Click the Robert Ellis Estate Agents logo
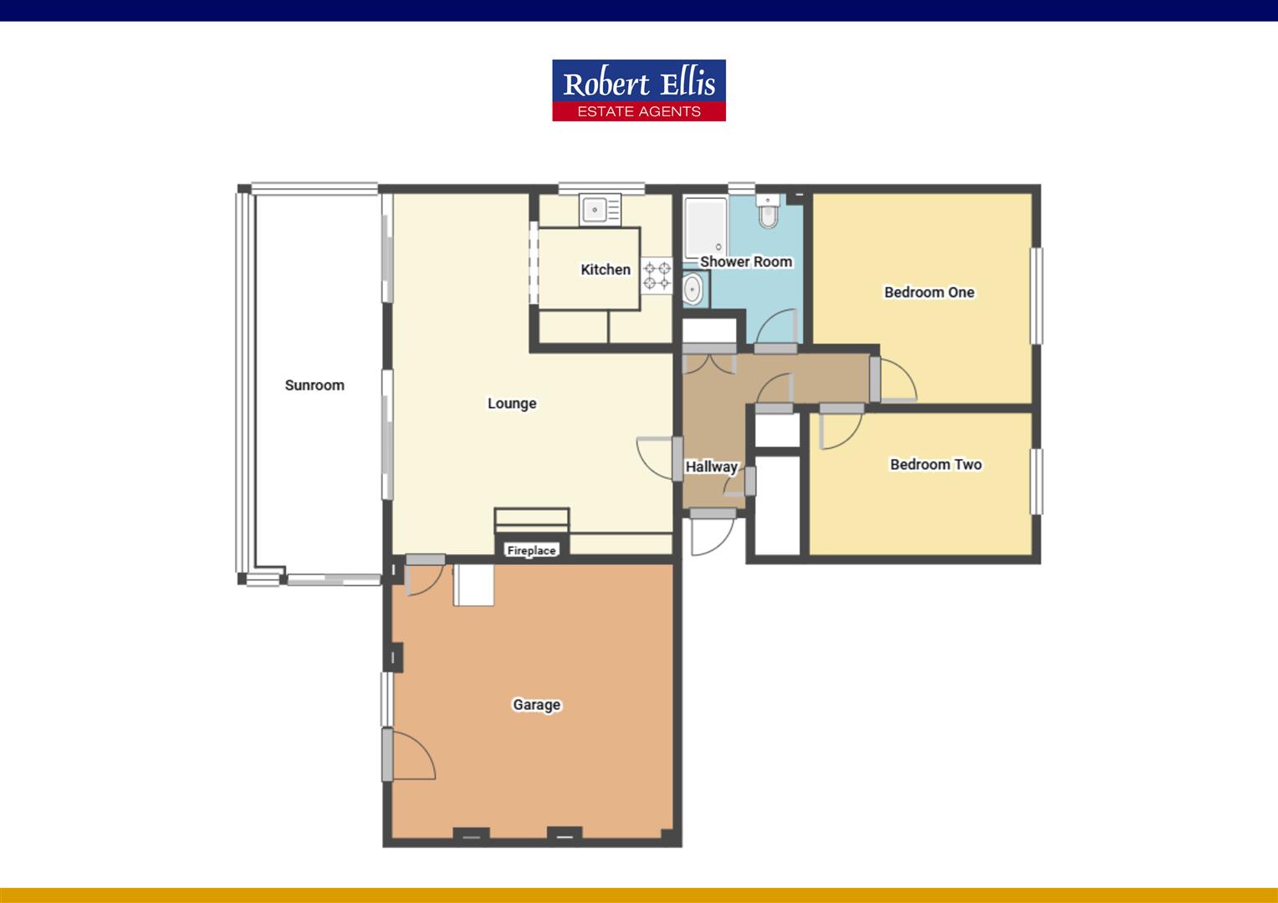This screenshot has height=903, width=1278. pos(638,90)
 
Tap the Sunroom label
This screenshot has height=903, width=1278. pos(314,385)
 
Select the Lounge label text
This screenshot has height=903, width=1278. pos(512,404)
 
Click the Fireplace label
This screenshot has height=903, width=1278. pos(532,550)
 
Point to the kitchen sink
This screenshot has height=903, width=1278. pos(599,209)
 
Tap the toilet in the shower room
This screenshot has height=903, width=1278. pos(768,214)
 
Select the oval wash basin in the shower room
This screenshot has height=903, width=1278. pos(693,289)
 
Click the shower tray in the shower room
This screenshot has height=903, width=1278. pos(704,226)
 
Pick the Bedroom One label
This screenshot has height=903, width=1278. pos(929,293)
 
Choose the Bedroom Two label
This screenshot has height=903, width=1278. pos(935,465)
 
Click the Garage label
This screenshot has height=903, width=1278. pos(536,705)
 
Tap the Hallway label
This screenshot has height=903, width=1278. pos(712,467)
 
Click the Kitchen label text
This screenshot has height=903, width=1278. pos(606,269)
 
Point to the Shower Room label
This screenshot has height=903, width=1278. pos(746,262)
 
